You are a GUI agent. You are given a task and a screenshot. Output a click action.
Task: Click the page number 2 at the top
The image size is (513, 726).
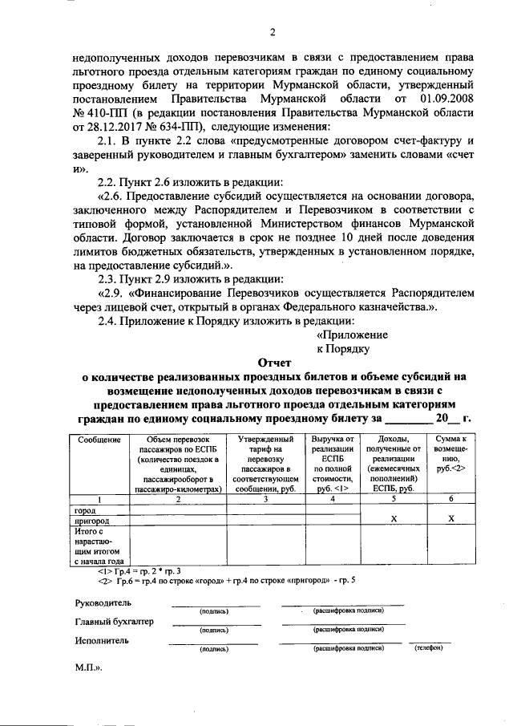272,32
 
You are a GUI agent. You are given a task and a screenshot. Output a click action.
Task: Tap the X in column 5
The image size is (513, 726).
394,519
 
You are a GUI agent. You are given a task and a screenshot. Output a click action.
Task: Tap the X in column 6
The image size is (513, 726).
450,519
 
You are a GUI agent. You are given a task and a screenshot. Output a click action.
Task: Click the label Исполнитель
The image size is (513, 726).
100,641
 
